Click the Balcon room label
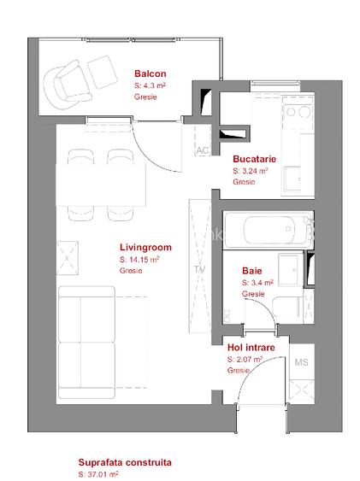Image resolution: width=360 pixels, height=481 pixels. point(150,73)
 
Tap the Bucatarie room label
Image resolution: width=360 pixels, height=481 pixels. point(255,159)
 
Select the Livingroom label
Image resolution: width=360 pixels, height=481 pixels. point(145,247)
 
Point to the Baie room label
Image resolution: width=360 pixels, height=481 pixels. point(252,271)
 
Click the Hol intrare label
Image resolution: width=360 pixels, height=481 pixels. point(251,347)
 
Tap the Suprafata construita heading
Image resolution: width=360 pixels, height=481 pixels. point(125,462)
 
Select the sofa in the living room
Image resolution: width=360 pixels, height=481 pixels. point(87,343)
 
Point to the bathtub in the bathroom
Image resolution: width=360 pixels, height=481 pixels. point(269,230)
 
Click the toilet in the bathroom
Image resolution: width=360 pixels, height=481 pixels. point(287,307)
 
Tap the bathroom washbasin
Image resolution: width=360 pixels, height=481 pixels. point(291,270)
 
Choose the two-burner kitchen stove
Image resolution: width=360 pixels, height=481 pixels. point(298,113)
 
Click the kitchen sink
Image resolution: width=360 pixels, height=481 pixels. point(292,179)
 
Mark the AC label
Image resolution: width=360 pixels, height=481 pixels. point(203,150)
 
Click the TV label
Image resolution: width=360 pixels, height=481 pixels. point(200,269)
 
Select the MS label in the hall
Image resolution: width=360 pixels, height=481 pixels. point(301,362)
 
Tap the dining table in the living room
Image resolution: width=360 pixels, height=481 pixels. point(100,185)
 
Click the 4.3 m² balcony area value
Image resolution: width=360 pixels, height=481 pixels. point(150,85)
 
